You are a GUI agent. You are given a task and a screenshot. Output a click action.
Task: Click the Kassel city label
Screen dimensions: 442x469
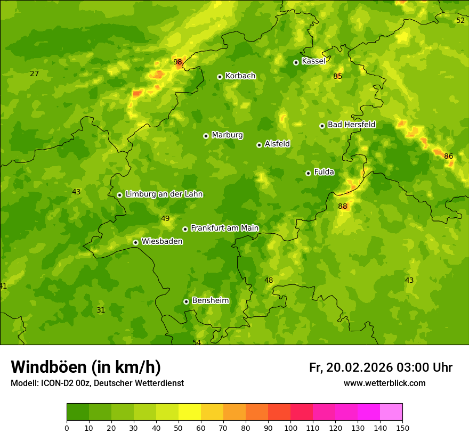(313, 61)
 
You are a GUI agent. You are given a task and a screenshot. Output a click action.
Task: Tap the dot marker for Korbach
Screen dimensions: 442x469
(220, 77)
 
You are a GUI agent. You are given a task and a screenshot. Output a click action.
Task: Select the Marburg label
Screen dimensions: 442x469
(227, 135)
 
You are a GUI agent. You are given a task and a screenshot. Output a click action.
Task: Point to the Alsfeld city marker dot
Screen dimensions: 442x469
(259, 145)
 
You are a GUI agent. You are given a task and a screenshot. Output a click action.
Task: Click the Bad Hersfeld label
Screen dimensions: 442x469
(351, 125)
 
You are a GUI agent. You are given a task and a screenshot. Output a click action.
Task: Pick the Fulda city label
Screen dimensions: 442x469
(324, 172)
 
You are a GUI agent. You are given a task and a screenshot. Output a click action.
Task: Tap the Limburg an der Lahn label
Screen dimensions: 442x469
(164, 194)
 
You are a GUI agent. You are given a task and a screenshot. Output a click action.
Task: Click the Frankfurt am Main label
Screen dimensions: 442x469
(224, 228)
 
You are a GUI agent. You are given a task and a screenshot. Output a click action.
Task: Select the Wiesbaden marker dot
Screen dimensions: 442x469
(135, 242)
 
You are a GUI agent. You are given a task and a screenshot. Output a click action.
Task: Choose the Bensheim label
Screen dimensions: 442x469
(210, 300)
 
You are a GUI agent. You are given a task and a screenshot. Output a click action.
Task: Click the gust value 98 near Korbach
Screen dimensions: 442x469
(177, 62)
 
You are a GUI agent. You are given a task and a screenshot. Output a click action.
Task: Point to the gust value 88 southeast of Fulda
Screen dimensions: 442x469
(342, 207)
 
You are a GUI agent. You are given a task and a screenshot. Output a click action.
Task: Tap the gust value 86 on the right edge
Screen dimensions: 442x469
(448, 156)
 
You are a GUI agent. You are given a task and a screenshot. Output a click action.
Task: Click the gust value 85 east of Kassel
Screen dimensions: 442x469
(337, 76)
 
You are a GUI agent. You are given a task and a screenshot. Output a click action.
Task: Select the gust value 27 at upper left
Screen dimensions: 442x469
(34, 73)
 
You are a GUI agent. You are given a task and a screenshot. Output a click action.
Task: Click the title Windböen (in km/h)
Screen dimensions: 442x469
(85, 367)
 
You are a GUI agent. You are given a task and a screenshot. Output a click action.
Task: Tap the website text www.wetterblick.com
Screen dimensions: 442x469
(384, 383)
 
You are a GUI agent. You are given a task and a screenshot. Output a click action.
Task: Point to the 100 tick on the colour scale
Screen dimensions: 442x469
(290, 428)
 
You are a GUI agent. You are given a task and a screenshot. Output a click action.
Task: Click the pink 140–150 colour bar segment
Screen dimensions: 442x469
(391, 412)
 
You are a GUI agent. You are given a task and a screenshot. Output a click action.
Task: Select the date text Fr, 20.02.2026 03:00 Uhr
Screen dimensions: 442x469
(381, 367)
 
